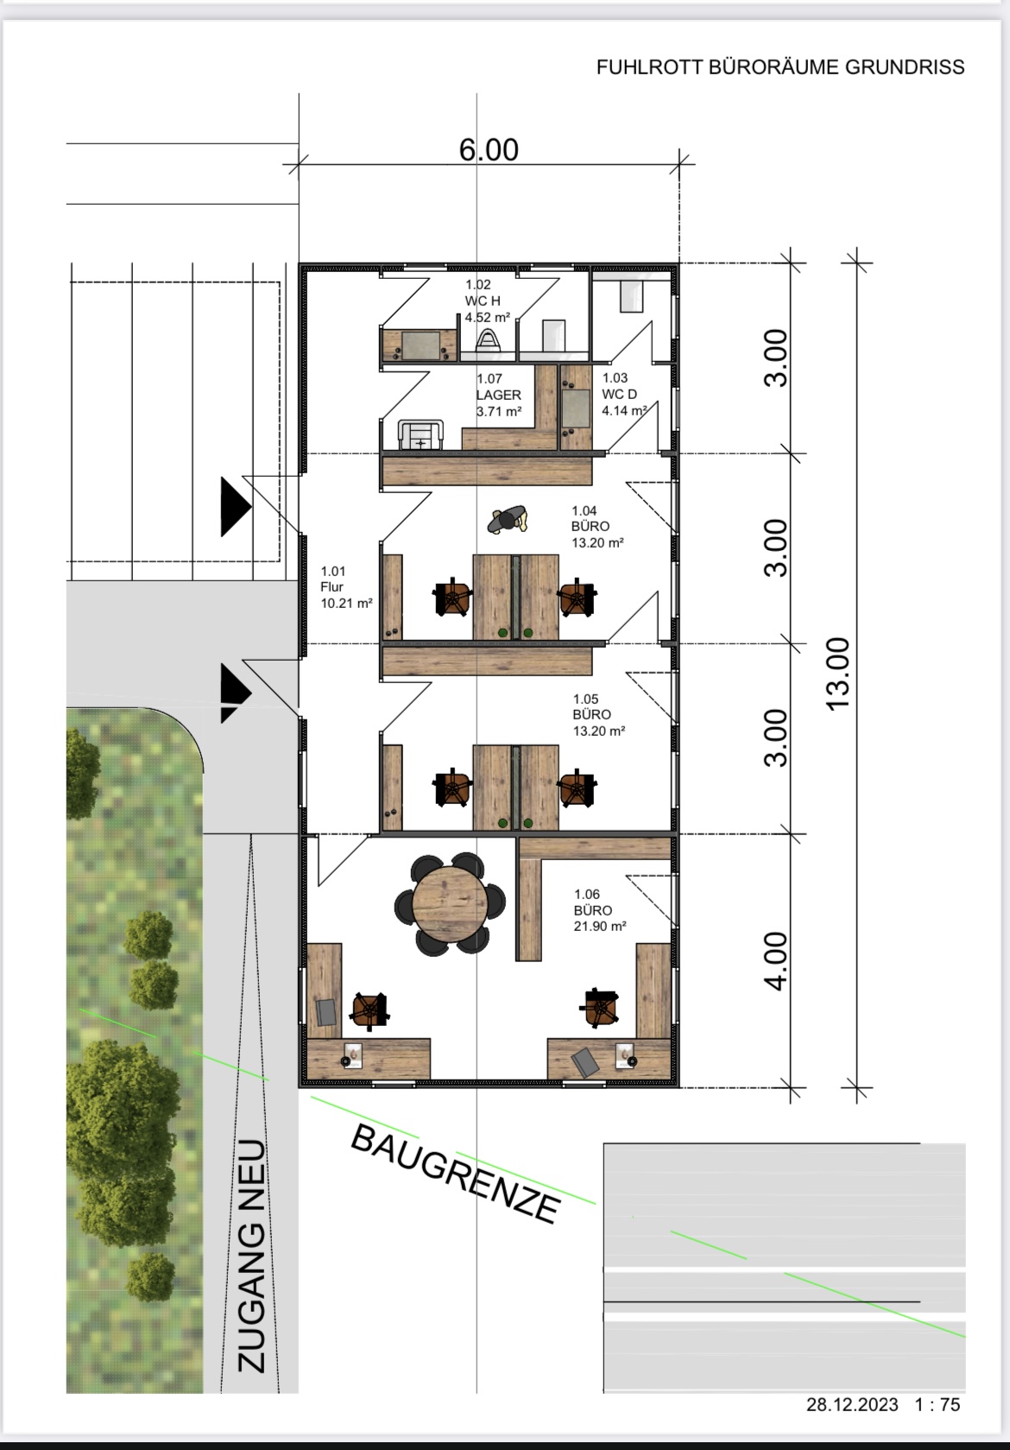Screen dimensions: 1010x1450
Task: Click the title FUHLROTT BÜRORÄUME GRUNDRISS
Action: click(780, 66)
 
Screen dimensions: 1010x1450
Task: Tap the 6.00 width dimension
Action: click(489, 149)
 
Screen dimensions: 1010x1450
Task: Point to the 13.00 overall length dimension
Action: click(839, 674)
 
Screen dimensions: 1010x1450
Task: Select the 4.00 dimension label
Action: click(776, 961)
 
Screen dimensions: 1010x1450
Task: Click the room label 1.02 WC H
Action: click(487, 301)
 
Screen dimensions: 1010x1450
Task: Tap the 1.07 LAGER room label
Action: click(499, 394)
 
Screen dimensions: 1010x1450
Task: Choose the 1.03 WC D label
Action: click(624, 394)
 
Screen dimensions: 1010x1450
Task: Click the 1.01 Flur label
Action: click(346, 587)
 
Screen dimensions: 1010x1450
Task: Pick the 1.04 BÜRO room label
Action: click(597, 527)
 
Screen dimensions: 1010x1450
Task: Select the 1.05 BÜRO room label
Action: click(598, 715)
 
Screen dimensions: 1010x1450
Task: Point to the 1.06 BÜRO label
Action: click(600, 910)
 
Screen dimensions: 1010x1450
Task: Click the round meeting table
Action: click(451, 903)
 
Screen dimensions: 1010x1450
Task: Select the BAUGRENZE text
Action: click(455, 1175)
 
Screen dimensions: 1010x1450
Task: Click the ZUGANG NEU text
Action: click(252, 1256)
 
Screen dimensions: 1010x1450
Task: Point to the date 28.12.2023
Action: click(852, 1404)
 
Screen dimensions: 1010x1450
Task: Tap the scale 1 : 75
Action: click(937, 1404)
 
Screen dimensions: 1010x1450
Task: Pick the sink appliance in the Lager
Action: click(420, 434)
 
